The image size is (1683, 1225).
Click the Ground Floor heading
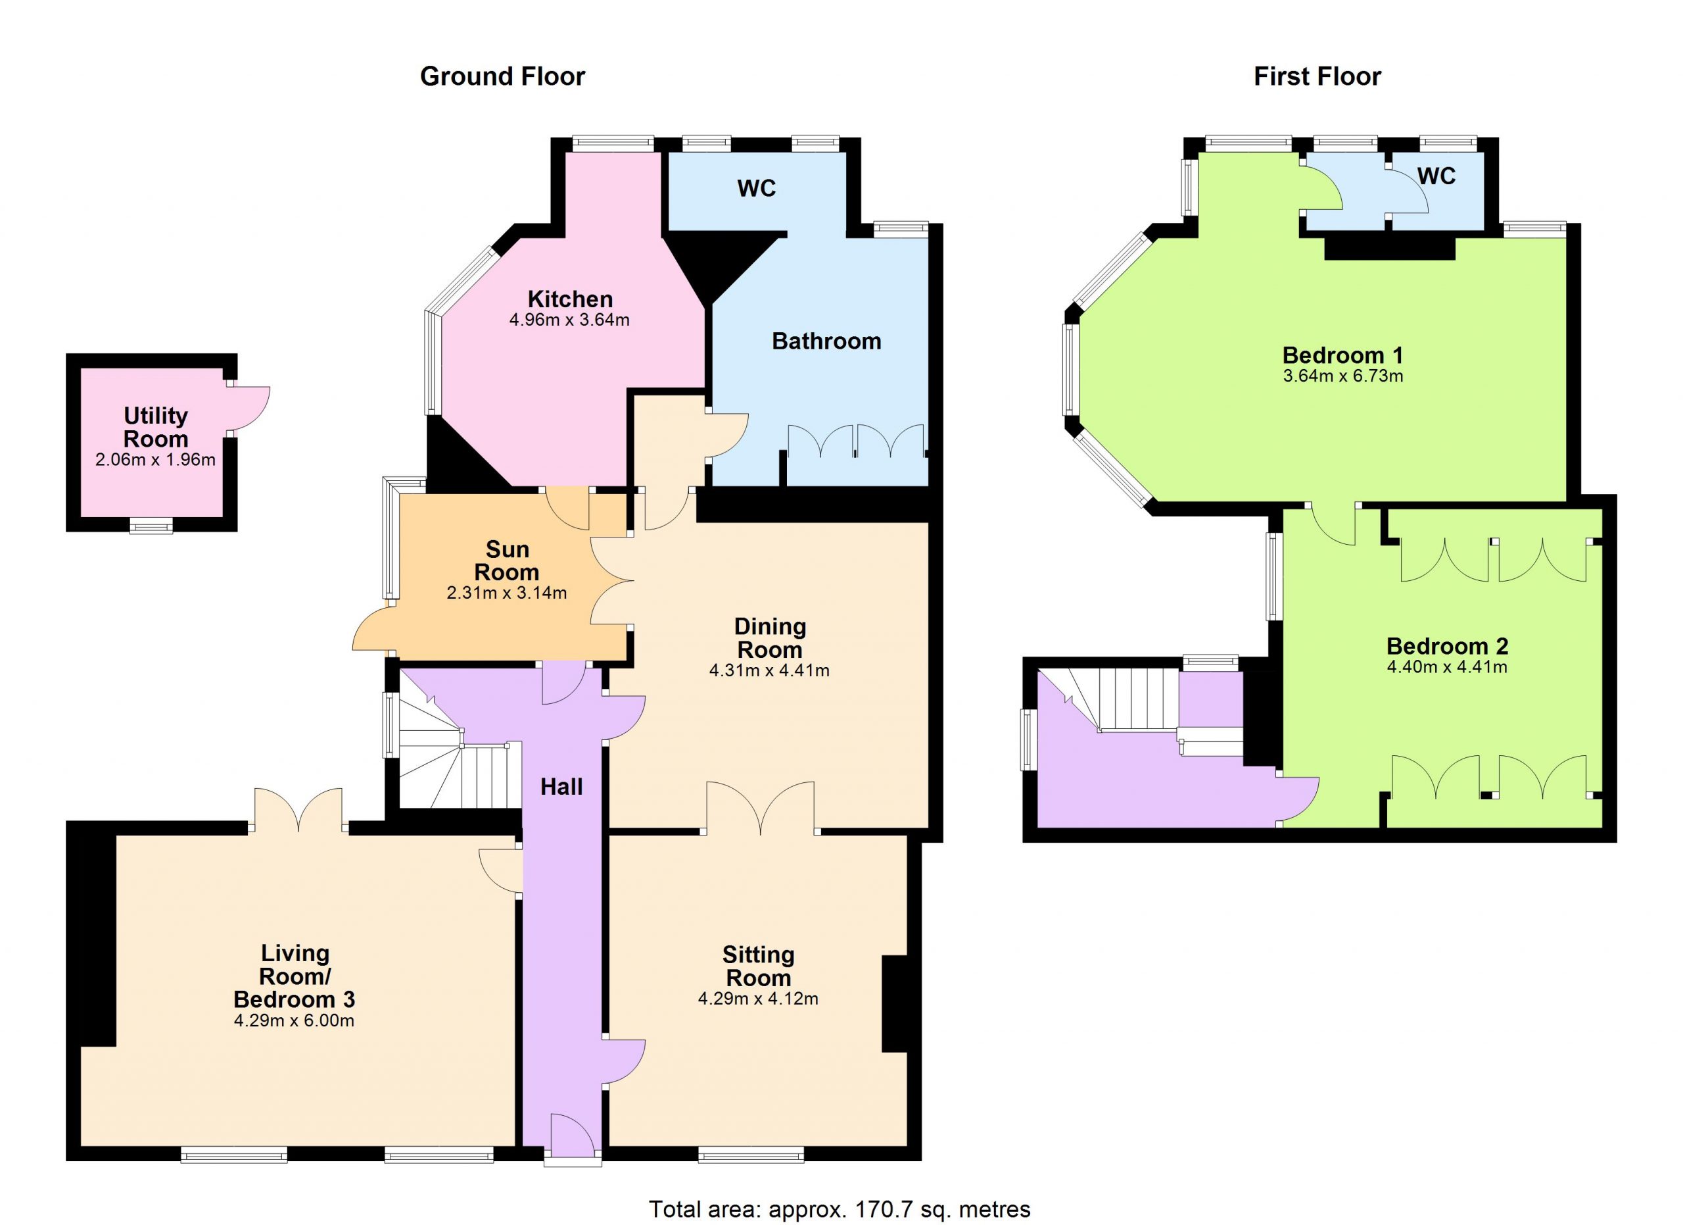[x=502, y=76]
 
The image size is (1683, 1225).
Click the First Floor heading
[x=1317, y=76]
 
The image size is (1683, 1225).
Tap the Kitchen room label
[x=570, y=299]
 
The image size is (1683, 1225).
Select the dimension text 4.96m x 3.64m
[x=569, y=320]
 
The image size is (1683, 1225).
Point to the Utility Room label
[x=155, y=427]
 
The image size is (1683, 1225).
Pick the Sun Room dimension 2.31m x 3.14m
[x=507, y=593]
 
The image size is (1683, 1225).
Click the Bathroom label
[x=826, y=341]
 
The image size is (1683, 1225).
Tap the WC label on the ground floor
[x=756, y=189]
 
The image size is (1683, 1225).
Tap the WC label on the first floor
[x=1436, y=176]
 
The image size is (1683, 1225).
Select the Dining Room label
[x=770, y=637]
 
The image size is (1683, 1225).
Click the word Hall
[x=561, y=787]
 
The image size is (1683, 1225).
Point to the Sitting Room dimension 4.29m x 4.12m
[x=757, y=999]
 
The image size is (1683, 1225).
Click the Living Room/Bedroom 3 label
[x=294, y=976]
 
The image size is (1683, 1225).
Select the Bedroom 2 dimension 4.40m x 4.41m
[x=1446, y=666]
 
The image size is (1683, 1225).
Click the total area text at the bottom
[x=840, y=1209]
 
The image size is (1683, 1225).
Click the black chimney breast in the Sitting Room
[x=894, y=1005]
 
